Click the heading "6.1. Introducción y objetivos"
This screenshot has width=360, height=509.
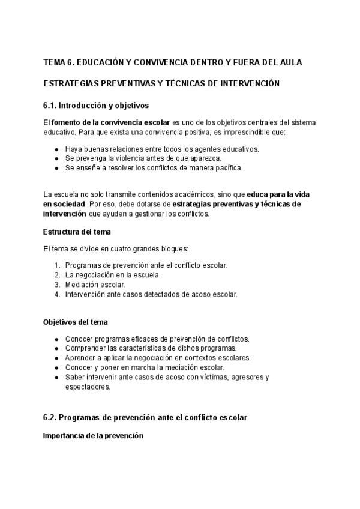(96, 106)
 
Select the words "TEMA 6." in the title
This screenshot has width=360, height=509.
(57, 62)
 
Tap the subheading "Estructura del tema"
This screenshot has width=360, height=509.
(77, 232)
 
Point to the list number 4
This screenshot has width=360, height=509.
(57, 294)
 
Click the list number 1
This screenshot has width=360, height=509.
(57, 265)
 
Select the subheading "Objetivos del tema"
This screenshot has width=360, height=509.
(76, 322)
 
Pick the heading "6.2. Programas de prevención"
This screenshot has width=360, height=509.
(145, 417)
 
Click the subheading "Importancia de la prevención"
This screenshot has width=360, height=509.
(93, 436)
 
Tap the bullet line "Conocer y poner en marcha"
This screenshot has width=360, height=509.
(145, 367)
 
